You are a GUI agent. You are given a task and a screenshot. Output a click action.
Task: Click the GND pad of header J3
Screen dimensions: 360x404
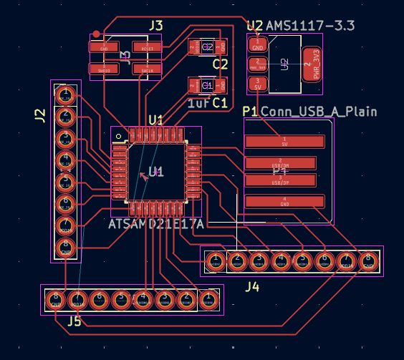pos(105,48)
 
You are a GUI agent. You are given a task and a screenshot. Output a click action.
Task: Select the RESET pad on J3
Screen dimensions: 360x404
pos(147,48)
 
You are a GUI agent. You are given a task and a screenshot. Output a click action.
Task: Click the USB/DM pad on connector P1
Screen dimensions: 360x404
pos(280,162)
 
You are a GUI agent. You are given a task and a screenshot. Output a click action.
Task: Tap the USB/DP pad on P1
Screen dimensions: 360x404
pos(280,180)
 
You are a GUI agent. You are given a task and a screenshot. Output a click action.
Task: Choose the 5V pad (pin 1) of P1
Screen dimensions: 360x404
pos(284,140)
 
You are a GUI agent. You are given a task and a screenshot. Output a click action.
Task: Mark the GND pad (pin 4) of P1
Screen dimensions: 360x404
pos(284,202)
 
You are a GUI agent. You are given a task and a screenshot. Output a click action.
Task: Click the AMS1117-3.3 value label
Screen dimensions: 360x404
pos(310,26)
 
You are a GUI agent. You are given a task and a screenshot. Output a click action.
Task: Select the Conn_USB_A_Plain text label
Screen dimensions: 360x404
pos(318,112)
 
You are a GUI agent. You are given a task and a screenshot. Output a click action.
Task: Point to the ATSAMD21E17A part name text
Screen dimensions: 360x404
pos(156,225)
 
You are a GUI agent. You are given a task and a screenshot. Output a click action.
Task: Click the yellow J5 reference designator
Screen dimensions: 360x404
pos(74,321)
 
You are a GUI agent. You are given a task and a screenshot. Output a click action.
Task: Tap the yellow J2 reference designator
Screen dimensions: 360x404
pos(40,114)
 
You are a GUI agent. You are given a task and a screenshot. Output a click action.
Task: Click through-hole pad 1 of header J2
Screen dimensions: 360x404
pos(66,94)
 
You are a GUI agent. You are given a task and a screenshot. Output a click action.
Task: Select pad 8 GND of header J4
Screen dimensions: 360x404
pos(368,261)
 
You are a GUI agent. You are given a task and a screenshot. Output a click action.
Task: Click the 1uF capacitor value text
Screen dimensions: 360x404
pos(198,104)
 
